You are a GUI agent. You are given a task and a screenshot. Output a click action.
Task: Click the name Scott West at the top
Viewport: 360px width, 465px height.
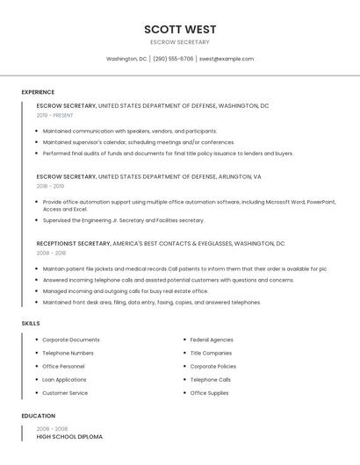point(180,29)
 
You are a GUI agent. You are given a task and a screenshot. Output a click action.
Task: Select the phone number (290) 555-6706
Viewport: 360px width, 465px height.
point(173,59)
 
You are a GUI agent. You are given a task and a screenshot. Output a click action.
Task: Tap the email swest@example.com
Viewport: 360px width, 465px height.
point(227,59)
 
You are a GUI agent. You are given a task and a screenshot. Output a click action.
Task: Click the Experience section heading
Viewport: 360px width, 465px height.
point(38,92)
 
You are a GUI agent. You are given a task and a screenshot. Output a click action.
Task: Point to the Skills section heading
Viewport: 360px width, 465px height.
point(31,324)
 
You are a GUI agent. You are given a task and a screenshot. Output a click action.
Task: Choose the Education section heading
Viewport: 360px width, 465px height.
point(39,416)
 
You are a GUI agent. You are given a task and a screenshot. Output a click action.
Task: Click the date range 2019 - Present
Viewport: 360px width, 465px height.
point(54,115)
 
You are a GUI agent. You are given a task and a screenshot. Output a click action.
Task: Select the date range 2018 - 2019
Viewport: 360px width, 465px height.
point(50,186)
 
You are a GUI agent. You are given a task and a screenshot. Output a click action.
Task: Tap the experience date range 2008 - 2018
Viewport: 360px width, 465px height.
point(50,253)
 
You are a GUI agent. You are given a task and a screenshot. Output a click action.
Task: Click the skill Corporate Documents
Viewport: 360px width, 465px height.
point(71,340)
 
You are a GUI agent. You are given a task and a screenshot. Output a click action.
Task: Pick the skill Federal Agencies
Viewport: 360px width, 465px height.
point(212,340)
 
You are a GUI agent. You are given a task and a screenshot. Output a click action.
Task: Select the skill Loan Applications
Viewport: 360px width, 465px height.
point(64,380)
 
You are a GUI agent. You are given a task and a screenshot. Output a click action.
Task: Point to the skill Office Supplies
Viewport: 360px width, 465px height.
point(209,393)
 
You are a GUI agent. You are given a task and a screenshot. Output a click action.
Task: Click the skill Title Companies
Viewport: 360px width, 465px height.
point(211,353)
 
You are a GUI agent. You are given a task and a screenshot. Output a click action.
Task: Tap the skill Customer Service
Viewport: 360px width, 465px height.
point(65,393)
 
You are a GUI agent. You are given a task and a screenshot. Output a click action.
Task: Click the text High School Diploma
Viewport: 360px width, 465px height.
point(69,436)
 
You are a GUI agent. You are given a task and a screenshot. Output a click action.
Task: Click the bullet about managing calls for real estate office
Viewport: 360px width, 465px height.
point(126,291)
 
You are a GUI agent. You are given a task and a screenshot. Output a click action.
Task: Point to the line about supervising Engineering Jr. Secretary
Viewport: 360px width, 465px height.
point(123,220)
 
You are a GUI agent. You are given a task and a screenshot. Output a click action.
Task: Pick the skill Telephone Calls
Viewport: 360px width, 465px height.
point(210,380)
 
